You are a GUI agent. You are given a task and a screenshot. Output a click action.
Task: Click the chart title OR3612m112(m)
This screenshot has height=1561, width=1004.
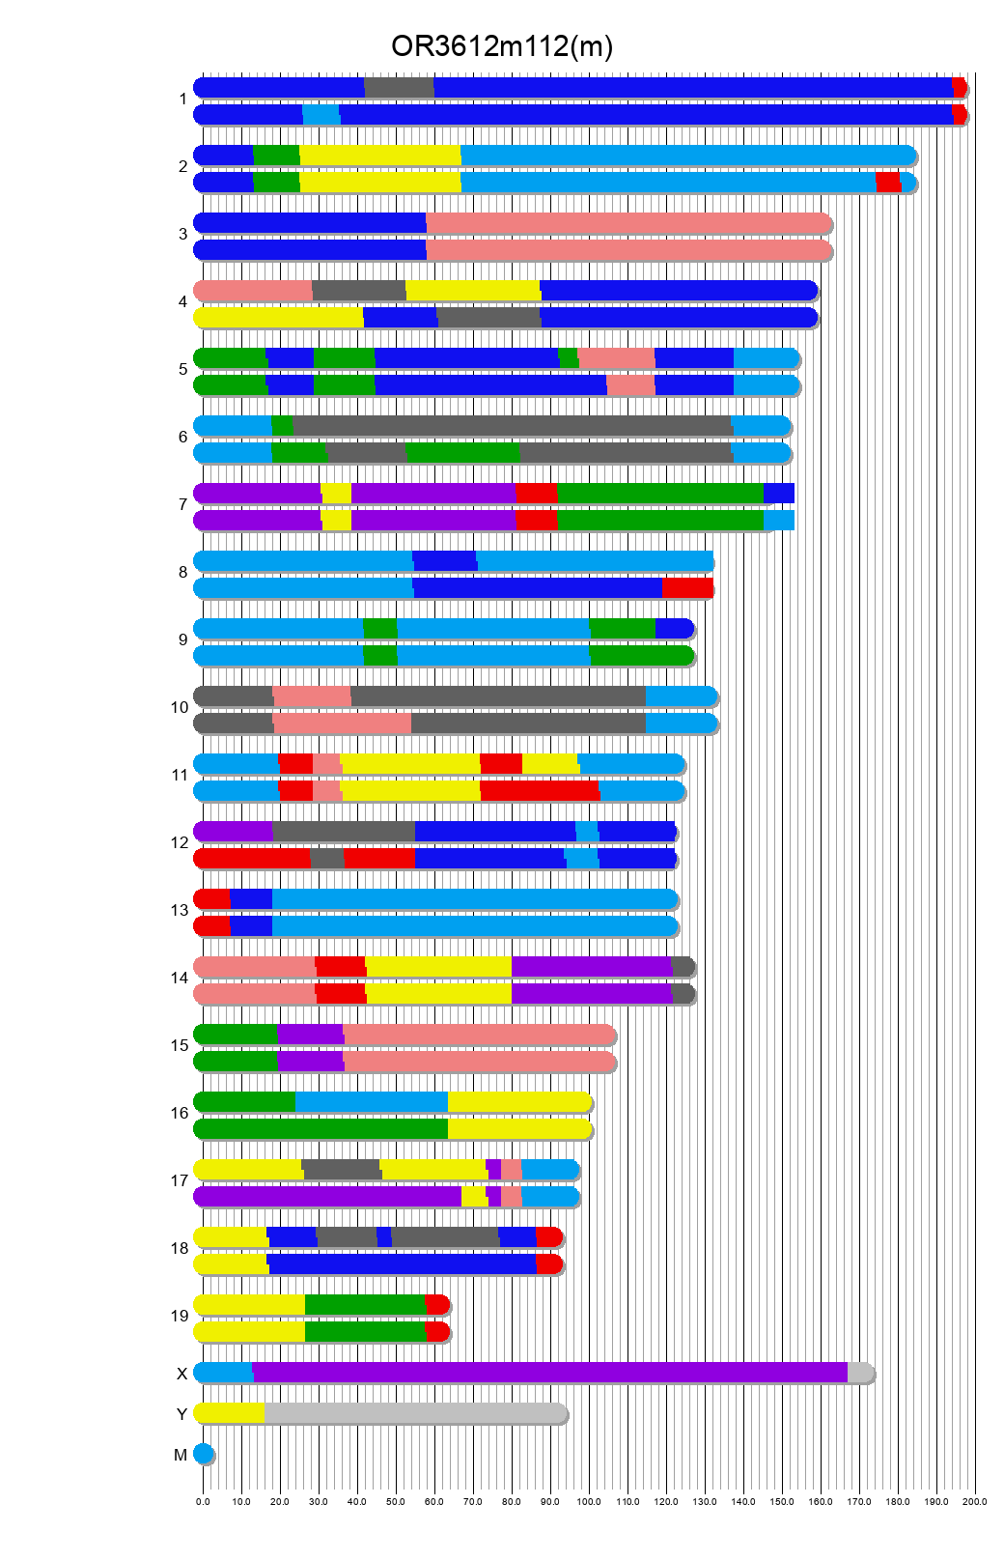point(501,46)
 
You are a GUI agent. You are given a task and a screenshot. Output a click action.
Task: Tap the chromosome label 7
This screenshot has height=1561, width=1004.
point(182,504)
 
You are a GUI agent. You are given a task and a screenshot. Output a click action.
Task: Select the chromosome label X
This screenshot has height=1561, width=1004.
point(181,1374)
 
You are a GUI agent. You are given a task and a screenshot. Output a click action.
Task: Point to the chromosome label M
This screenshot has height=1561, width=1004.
point(181,1455)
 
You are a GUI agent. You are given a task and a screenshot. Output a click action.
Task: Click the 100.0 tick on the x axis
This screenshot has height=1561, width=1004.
point(589,1501)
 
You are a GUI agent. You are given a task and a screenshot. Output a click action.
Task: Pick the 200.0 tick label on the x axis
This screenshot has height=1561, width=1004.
point(975,1501)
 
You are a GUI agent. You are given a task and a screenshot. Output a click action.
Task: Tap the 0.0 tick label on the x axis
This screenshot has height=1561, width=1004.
point(203,1501)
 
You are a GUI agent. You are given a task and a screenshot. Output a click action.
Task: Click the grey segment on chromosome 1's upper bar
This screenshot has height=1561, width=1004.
point(399,87)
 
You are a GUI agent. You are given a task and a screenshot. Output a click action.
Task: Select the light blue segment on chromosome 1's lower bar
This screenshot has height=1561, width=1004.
point(321,115)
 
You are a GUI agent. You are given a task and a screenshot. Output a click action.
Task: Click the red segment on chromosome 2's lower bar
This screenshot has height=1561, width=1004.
point(888,183)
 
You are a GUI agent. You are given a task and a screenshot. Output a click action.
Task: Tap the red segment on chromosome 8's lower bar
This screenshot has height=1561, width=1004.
point(687,587)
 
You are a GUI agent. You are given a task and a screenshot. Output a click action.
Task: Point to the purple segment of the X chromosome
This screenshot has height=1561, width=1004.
point(550,1373)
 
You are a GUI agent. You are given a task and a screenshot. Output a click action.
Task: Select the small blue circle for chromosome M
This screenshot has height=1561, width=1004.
point(203,1454)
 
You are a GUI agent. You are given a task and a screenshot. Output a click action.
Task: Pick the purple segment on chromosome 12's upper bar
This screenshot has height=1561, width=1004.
point(234,831)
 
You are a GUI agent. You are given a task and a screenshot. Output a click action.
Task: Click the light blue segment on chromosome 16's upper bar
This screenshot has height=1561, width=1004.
point(371,1102)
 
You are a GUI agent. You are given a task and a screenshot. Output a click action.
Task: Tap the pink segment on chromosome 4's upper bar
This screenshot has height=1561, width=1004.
point(253,291)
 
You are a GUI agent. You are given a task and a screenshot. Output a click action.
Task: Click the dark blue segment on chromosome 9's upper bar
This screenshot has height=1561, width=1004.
point(673,628)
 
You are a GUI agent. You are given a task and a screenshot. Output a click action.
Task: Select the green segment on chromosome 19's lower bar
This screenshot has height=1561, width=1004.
point(365,1332)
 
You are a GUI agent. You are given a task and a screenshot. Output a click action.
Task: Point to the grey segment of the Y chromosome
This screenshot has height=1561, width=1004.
point(415,1413)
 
